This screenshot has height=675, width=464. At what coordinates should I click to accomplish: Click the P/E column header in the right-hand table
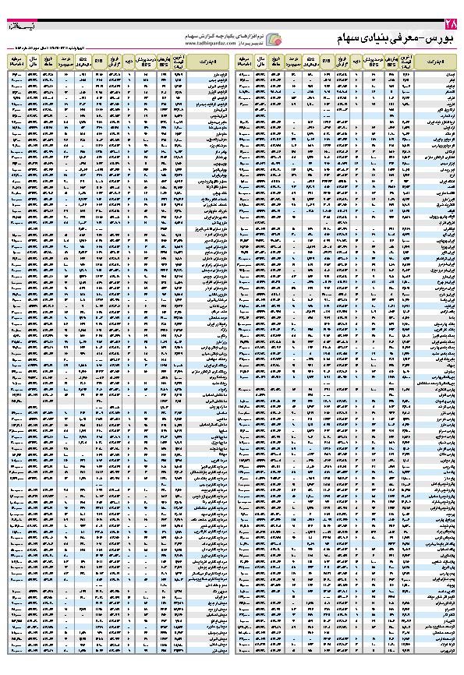pos(325,61)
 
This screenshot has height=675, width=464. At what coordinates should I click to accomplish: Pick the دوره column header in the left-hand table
pos(127,61)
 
